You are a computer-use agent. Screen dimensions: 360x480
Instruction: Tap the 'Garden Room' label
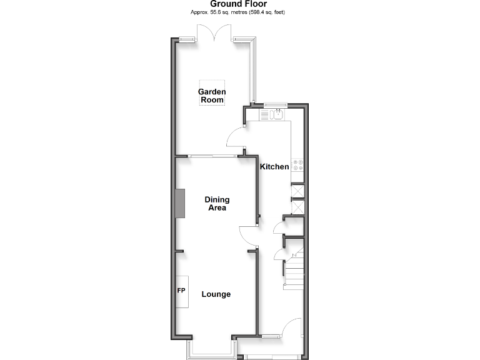212,96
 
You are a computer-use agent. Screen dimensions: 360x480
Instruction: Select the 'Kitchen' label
274,167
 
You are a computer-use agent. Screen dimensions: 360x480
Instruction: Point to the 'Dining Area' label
217,204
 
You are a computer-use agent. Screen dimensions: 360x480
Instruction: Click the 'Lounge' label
216,294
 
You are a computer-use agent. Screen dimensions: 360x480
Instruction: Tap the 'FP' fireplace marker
181,291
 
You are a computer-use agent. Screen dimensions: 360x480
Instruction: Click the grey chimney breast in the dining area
181,204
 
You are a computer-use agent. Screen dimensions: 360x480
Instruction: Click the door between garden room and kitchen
235,137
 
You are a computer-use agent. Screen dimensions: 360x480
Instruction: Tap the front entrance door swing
291,328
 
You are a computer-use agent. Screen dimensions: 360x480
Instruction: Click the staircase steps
294,269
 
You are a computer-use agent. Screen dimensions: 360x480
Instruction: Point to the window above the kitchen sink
275,104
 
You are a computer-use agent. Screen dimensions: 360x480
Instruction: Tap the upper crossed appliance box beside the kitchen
297,191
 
